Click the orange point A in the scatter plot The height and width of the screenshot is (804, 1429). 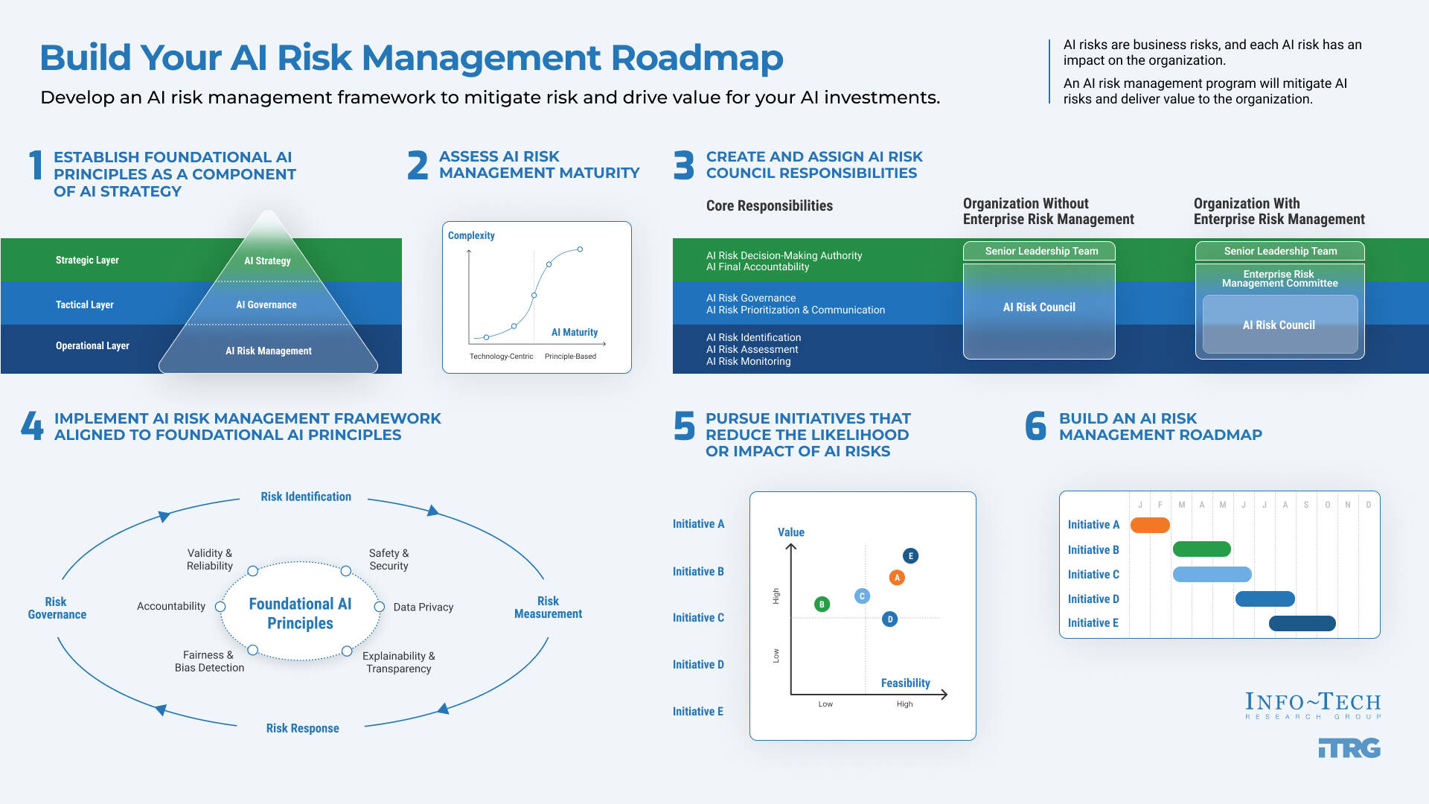coord(897,578)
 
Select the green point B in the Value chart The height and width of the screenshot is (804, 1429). coord(822,604)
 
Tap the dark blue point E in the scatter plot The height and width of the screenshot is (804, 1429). coord(910,556)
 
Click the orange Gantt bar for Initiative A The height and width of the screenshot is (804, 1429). coord(1150,525)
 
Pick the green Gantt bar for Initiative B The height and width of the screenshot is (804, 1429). coord(1201,549)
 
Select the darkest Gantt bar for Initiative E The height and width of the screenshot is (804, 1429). coord(1302,623)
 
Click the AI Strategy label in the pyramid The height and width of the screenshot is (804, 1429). coord(267,261)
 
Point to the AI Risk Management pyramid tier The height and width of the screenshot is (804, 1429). coord(269,351)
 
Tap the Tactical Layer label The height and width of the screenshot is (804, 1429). coord(85,304)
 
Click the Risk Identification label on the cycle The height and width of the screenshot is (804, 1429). coord(306,497)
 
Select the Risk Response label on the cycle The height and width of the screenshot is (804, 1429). coord(302,728)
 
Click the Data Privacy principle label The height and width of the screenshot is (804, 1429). coord(423,607)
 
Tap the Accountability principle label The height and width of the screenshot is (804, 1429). coord(171,606)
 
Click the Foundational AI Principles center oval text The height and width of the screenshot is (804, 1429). coord(300,613)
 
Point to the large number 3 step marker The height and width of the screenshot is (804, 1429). coord(684,165)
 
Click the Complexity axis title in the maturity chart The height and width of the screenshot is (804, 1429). coord(471,235)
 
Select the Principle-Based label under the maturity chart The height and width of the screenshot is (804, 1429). coord(570,356)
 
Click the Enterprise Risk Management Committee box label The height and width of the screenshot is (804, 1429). coord(1279,278)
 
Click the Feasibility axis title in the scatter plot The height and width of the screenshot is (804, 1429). coord(905,683)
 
